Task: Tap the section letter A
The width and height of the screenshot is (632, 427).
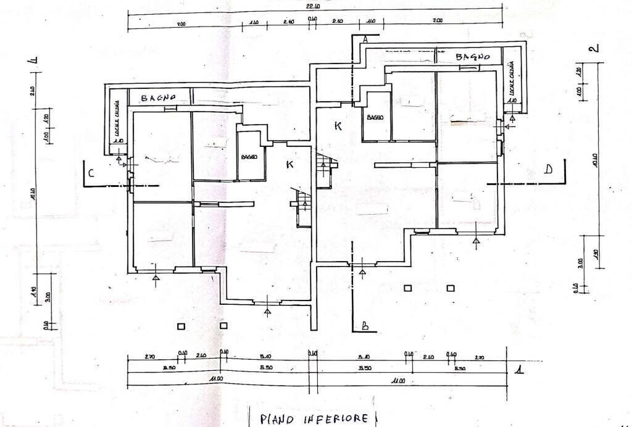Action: (x=365, y=39)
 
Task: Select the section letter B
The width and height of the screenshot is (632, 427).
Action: (x=365, y=326)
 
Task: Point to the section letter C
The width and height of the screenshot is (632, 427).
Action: (x=91, y=174)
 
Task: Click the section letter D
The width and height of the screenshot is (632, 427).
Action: (x=548, y=170)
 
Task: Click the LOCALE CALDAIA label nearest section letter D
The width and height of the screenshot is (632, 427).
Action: (x=511, y=83)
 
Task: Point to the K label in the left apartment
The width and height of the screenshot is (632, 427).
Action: (x=289, y=164)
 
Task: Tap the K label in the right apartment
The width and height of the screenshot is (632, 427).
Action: (x=338, y=126)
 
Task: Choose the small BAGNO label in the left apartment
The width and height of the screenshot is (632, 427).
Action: (x=249, y=157)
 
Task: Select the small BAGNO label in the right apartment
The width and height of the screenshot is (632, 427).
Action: (x=375, y=117)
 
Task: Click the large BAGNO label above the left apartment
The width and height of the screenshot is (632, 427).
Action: (x=158, y=97)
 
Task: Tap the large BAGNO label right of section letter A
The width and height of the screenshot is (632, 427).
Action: (x=473, y=57)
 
